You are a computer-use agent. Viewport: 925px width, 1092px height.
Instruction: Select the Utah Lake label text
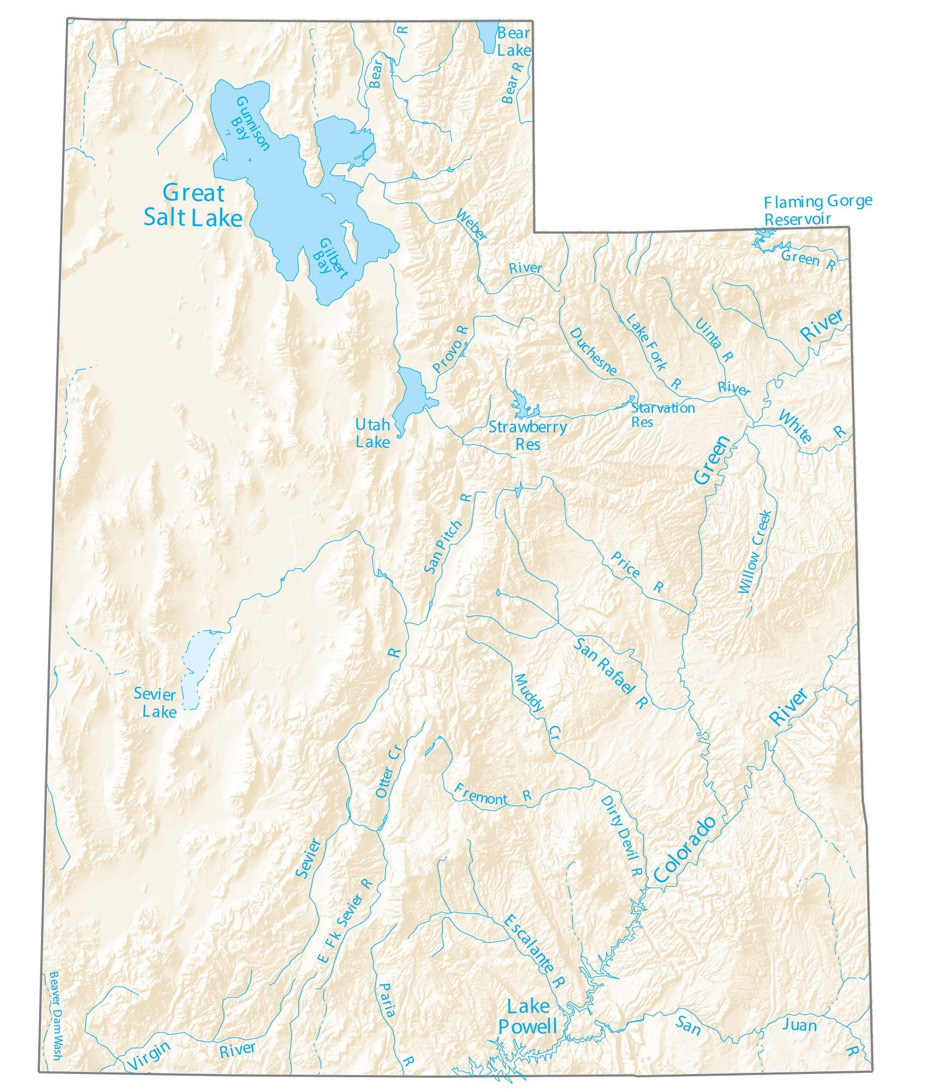[373, 433]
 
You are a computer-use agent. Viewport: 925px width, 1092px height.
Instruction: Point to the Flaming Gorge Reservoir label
[817, 210]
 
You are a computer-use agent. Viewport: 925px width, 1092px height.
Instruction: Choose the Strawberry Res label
[527, 435]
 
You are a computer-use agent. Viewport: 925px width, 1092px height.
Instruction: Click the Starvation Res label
[662, 414]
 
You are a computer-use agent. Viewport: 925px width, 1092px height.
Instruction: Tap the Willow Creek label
[755, 552]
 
